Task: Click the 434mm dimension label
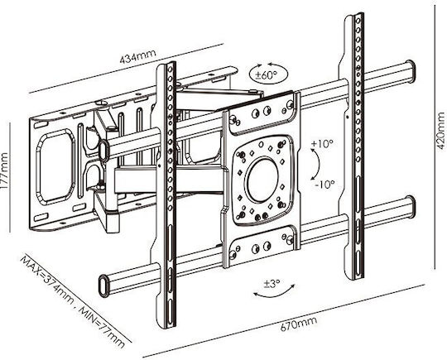tap(137, 56)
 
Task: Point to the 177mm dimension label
tap(4, 170)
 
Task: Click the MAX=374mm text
tap(47, 280)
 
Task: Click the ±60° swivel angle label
tap(266, 75)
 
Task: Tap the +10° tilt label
tap(322, 144)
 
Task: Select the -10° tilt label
tap(324, 185)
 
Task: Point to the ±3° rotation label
tap(272, 284)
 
